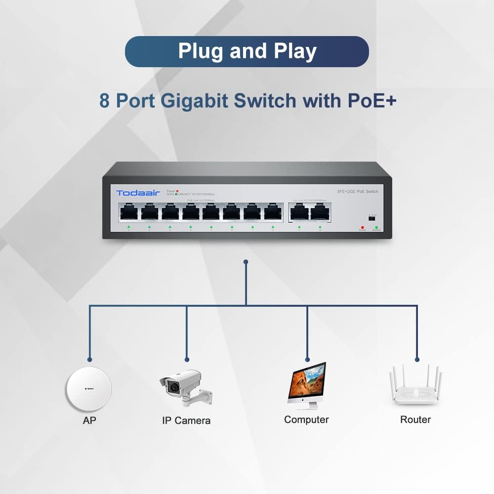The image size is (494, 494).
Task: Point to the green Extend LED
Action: coord(376,227)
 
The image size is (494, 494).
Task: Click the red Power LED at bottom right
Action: coord(362,227)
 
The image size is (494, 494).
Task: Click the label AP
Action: coord(89,421)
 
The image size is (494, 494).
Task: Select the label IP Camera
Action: coord(186,421)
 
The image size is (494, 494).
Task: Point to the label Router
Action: coord(415,419)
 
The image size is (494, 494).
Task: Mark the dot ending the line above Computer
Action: coord(307,360)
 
